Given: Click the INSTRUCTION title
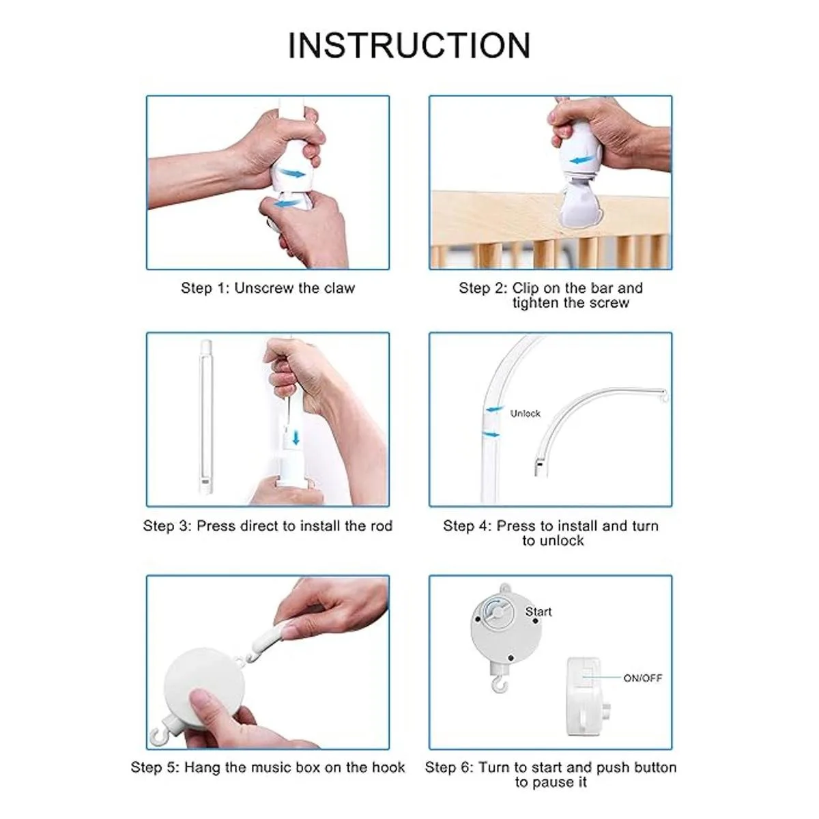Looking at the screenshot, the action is pyautogui.click(x=409, y=45).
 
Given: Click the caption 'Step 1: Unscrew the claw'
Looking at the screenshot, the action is pyautogui.click(x=268, y=288).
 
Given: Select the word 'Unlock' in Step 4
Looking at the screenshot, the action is pyautogui.click(x=526, y=413).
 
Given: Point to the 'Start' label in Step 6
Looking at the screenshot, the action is pyautogui.click(x=538, y=612).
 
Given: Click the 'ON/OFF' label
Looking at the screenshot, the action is pyautogui.click(x=643, y=678).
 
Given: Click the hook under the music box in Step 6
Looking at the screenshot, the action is pyautogui.click(x=497, y=685).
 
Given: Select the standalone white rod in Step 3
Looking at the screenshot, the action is pyautogui.click(x=205, y=416).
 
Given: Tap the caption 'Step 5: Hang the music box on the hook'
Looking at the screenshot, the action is pyautogui.click(x=268, y=767).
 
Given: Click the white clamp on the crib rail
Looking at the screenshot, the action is pyautogui.click(x=579, y=205).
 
